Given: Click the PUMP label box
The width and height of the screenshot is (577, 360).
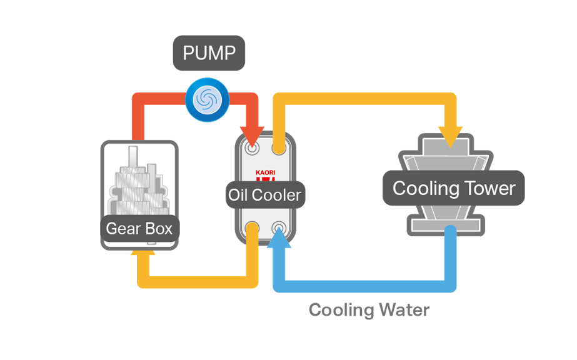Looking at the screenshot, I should pos(209,53).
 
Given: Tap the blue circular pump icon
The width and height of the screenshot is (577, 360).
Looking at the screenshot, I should pos(206,99).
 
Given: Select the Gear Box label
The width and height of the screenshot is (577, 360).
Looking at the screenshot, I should pos(139,228).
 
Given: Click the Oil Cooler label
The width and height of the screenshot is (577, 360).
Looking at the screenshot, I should pos(264,195).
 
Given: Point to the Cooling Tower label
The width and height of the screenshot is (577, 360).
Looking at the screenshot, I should pos(454,188).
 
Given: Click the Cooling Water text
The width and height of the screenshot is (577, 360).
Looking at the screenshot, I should pos(369,310).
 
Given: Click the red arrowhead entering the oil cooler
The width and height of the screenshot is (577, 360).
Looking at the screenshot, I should pos(253,133).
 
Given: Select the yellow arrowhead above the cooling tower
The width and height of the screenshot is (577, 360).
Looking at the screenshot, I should pos(450,133).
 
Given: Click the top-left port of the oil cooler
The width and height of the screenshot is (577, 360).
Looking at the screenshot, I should pos(253,149).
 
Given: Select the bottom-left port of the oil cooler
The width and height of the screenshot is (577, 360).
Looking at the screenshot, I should pos(253,227).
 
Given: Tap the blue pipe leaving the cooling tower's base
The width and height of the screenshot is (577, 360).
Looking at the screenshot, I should pos(449,256).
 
